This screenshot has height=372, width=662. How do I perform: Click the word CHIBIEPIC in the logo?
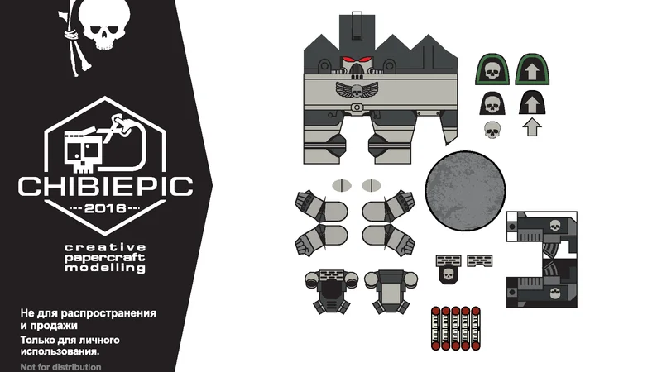tap(106, 187)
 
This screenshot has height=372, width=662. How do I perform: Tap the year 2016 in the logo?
tap(105, 208)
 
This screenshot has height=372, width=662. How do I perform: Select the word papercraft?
tap(105, 258)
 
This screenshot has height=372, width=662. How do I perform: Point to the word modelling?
tap(105, 268)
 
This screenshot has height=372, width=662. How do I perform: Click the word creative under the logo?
tap(105, 247)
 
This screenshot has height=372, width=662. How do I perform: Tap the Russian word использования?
tap(60, 351)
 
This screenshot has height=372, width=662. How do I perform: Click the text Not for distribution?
tap(60, 367)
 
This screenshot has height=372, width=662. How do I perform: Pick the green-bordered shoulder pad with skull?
tap(492, 69)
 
